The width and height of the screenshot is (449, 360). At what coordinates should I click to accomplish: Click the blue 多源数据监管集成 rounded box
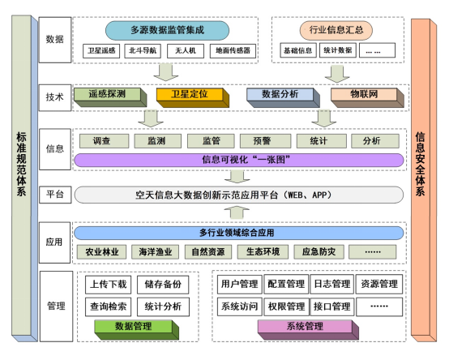click(167, 30)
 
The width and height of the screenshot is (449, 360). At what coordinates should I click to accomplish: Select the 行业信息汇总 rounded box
click(336, 30)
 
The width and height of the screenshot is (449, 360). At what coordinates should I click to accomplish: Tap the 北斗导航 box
click(143, 51)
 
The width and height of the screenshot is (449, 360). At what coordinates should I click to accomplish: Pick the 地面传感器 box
click(233, 51)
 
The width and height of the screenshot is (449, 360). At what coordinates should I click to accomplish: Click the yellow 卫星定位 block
click(192, 97)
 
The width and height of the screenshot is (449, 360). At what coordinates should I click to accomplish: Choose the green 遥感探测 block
click(110, 97)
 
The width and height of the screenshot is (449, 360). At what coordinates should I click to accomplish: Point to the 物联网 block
click(367, 97)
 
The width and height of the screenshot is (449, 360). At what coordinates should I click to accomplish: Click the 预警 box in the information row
click(265, 141)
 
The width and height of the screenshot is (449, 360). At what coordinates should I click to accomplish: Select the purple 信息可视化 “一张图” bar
click(239, 160)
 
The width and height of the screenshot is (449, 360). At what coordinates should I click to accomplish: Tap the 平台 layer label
click(55, 195)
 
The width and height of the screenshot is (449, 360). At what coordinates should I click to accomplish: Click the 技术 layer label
click(54, 97)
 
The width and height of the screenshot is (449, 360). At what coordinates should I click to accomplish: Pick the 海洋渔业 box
click(155, 252)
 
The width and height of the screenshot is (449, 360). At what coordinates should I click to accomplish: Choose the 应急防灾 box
click(319, 252)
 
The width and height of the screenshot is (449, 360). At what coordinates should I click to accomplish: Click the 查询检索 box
click(109, 306)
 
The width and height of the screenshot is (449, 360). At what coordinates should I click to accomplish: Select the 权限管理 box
click(286, 306)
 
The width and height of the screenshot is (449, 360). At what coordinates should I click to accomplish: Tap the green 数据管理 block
click(137, 330)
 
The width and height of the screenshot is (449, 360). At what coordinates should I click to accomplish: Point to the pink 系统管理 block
click(308, 330)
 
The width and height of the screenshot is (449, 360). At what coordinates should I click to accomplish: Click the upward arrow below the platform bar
click(237, 212)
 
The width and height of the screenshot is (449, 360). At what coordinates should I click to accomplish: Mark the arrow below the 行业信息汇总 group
click(337, 74)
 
